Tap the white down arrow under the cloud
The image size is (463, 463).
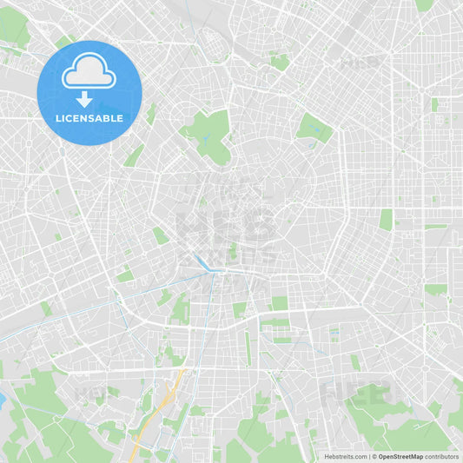click(x=84, y=99)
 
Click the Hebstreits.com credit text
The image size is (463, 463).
click(x=345, y=456)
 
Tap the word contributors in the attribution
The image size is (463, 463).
click(x=442, y=456)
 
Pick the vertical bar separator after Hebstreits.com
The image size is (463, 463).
click(x=369, y=456)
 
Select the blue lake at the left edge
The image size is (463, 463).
click(x=2, y=400)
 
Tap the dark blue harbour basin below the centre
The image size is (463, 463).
click(x=202, y=262)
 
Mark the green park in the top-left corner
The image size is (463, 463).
click(x=12, y=26)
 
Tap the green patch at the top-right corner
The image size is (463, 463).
click(x=425, y=4)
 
